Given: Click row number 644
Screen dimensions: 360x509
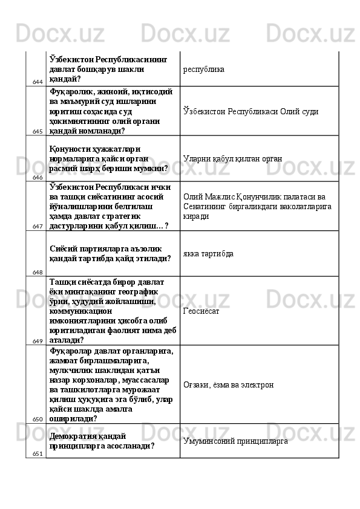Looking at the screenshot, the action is (38, 82).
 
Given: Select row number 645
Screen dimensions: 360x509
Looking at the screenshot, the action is (38, 131).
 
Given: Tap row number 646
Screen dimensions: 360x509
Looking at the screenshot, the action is (38, 177).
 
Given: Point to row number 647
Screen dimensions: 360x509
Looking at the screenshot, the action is (38, 226).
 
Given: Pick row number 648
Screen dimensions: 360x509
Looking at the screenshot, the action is (38, 272).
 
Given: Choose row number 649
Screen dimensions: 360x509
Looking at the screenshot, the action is (38, 342).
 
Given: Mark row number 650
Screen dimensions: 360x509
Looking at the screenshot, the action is (38, 419).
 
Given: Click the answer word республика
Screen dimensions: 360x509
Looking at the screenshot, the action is (203, 69).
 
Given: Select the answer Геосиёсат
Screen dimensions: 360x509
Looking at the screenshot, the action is (201, 311).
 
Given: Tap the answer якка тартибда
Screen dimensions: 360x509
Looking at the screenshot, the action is (209, 253).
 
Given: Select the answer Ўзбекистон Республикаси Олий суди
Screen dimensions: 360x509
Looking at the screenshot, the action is (251, 112).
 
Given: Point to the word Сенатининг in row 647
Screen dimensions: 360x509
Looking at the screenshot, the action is (205, 207).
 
